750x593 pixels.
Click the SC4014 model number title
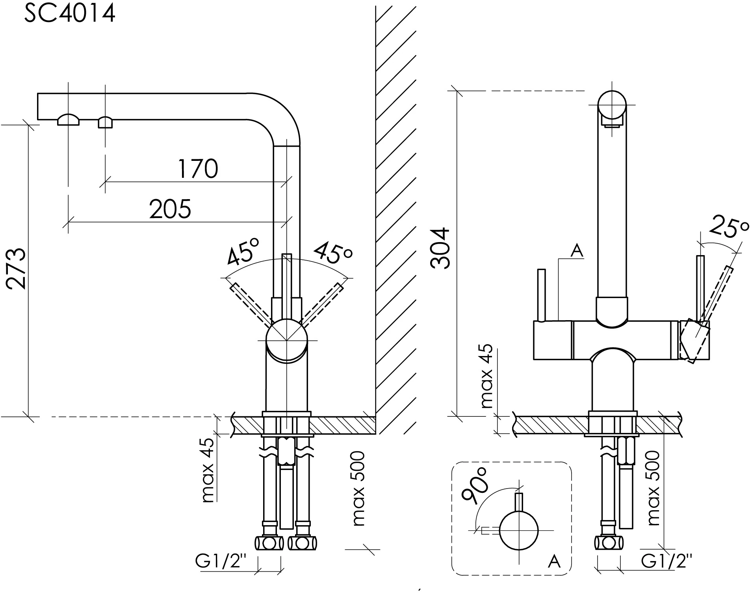(x=70, y=14)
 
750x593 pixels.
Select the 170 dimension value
(x=197, y=169)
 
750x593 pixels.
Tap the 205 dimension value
(x=170, y=209)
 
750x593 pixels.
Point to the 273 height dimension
(x=17, y=269)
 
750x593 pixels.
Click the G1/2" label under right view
(x=666, y=561)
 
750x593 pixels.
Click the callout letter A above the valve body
(x=577, y=251)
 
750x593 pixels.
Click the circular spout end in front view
(x=612, y=104)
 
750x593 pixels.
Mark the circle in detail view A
(x=519, y=530)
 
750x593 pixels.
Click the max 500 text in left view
(x=359, y=489)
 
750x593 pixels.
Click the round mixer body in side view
(x=286, y=340)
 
